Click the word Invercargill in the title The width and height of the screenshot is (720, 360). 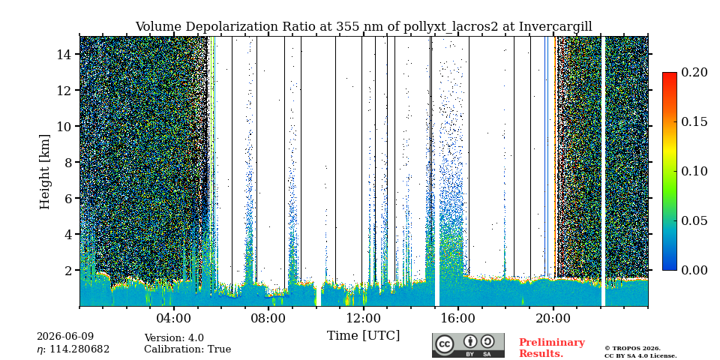pyautogui.click(x=556, y=27)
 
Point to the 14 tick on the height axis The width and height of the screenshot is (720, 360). pyautogui.click(x=78, y=54)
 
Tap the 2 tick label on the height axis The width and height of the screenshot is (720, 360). pyautogui.click(x=69, y=270)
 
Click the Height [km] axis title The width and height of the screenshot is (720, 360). pyautogui.click(x=44, y=172)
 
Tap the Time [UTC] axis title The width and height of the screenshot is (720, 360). pyautogui.click(x=364, y=336)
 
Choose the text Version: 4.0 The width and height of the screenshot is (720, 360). pyautogui.click(x=174, y=338)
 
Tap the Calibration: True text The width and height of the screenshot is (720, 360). pyautogui.click(x=187, y=349)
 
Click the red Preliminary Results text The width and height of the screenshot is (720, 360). pyautogui.click(x=552, y=348)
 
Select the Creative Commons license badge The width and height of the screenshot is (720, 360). pyautogui.click(x=468, y=345)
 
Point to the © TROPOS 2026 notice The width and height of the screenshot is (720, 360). pyautogui.click(x=632, y=349)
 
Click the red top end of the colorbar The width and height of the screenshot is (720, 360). pyautogui.click(x=670, y=73)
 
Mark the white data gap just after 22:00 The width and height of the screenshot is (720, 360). pyautogui.click(x=603, y=171)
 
